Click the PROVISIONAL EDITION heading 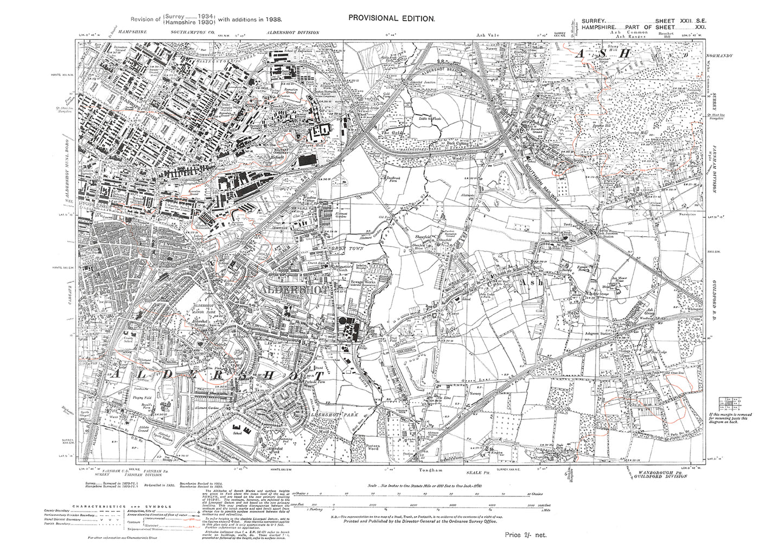391,18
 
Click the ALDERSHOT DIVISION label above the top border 292,33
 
